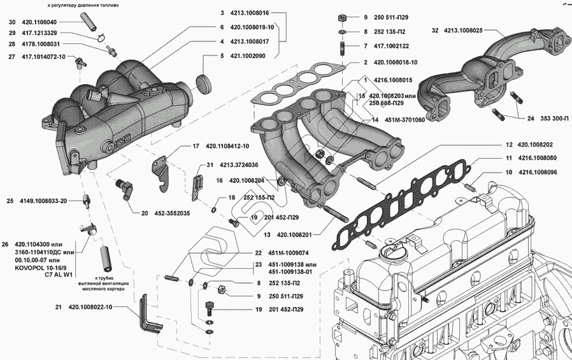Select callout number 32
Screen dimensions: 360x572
point(435,30)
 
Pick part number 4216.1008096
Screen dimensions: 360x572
point(539,172)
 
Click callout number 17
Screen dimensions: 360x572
point(196,147)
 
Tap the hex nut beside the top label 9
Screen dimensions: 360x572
point(342,17)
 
